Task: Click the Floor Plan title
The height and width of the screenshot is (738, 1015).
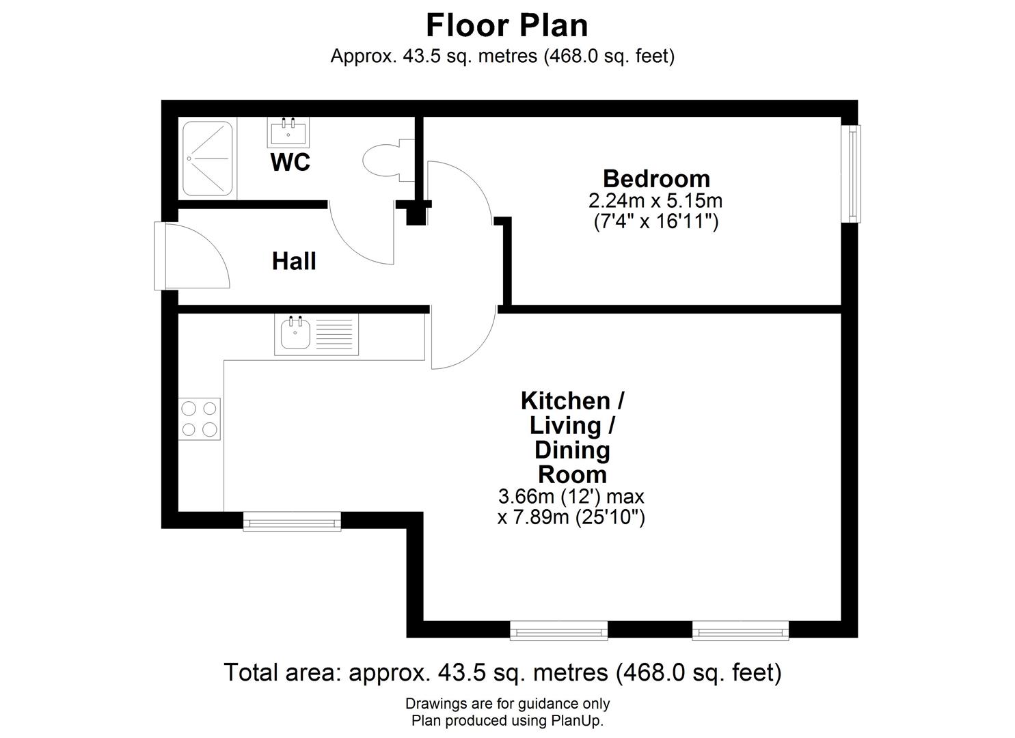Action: point(506,25)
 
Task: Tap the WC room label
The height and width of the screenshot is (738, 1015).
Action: point(290,163)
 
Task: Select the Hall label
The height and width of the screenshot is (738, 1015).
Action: point(294,261)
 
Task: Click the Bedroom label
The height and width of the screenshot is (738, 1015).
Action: point(656,178)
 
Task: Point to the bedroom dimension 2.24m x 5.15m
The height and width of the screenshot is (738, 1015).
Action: point(655,201)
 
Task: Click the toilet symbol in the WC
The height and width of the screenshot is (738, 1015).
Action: point(384,161)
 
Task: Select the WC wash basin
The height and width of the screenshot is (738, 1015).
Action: point(288,131)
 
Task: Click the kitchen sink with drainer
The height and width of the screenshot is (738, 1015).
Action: point(316,334)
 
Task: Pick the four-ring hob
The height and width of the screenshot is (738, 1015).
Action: point(200,419)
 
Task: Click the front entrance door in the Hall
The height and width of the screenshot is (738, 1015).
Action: point(195,256)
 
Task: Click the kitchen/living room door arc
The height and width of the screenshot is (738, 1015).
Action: point(465,338)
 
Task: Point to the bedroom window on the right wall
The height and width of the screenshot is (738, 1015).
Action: point(852,174)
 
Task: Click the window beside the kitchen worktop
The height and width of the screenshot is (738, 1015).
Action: point(293,522)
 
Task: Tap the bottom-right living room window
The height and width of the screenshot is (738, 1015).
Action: point(740,631)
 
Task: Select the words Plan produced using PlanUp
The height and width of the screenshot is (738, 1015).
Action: point(507,720)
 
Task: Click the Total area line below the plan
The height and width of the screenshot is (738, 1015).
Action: point(502,672)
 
